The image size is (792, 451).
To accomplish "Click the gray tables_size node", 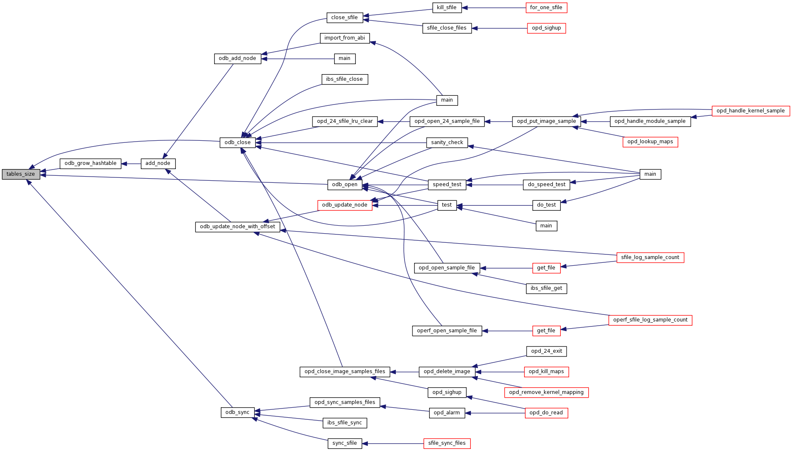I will (21, 174).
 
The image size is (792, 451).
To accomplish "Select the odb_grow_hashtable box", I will (90, 163).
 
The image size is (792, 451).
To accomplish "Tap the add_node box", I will (158, 163).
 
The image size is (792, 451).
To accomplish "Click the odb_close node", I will (237, 142).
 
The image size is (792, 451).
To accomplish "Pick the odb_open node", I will (345, 184).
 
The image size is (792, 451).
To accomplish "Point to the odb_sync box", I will (237, 412).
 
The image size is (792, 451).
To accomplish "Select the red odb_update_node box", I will (345, 205).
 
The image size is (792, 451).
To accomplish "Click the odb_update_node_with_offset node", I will (237, 227).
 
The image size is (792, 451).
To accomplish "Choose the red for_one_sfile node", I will (546, 7).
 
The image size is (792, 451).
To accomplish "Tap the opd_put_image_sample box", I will (546, 121).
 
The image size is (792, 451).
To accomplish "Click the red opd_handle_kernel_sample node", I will (750, 111).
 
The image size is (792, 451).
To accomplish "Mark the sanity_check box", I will (447, 142).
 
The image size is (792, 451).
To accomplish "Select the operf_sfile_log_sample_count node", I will (650, 320).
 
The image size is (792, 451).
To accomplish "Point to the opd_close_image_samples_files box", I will (345, 371).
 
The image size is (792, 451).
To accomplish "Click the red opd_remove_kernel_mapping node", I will (546, 392).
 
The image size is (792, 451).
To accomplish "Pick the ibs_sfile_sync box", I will (345, 423).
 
